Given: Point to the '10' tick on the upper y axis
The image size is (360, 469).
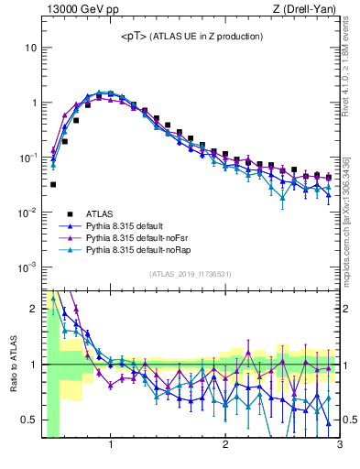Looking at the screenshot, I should pos(31,47).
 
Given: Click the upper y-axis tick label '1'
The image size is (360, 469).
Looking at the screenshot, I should pos(34,102).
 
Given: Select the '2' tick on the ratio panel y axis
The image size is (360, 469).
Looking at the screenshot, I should pos(34,309).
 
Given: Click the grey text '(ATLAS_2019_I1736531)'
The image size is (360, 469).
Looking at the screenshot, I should pos(190,274).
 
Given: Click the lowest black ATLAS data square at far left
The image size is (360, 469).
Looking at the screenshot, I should pos(53,184).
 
